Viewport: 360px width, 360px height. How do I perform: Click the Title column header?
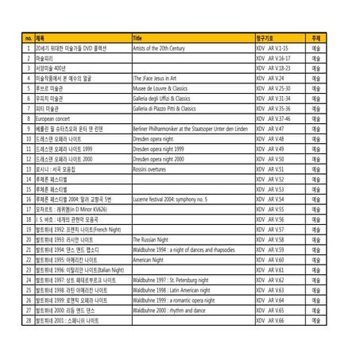[x=138, y=38]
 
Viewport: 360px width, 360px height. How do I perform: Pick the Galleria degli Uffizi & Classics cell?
[x=164, y=98]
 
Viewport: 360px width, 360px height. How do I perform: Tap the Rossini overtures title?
[x=154, y=169]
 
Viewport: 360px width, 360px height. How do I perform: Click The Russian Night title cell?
[x=151, y=238]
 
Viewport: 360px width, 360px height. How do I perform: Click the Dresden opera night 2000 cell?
[x=159, y=159]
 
